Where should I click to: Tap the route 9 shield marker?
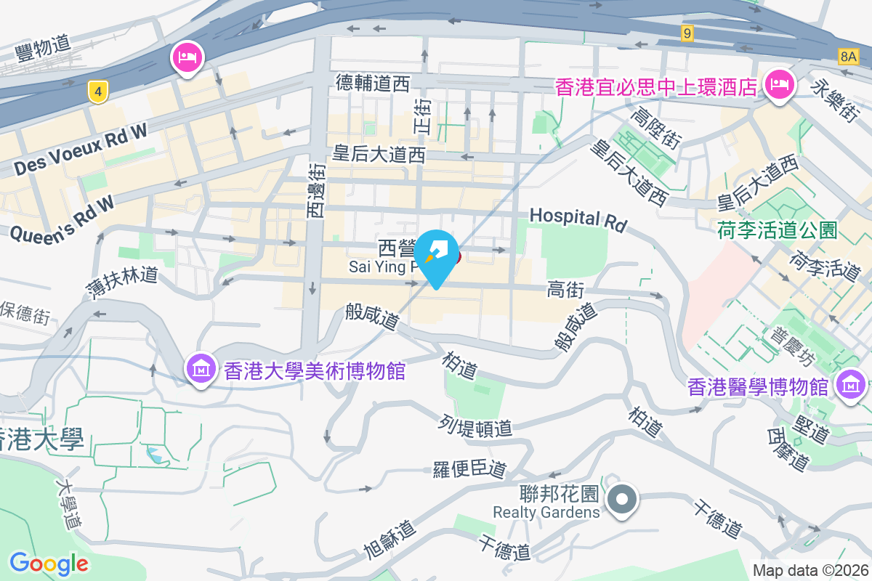(x=687, y=33)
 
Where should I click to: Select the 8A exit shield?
(x=848, y=56)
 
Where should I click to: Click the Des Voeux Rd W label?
(x=80, y=149)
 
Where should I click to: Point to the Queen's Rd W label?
(x=62, y=218)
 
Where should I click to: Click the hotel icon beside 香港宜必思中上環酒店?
(x=778, y=85)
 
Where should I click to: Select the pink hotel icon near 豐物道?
(x=187, y=57)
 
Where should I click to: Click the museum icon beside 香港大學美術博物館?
(x=201, y=369)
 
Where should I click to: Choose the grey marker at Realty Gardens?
(x=622, y=500)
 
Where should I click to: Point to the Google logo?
(x=49, y=563)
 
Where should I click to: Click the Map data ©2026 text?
(x=810, y=571)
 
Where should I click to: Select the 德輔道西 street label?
(x=373, y=84)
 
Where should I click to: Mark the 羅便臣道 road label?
(x=469, y=469)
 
